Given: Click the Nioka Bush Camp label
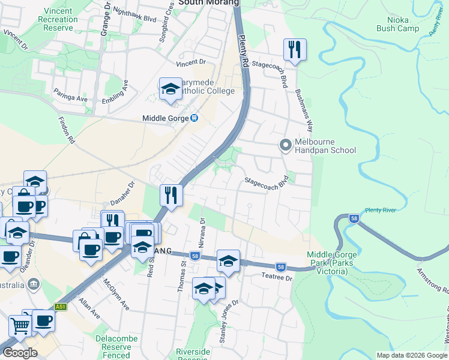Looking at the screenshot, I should tap(397, 23).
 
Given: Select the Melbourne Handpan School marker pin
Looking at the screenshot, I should tap(285, 145).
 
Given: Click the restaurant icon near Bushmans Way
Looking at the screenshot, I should tap(295, 49).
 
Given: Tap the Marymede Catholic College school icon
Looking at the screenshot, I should tap(171, 89).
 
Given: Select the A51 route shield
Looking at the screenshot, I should tap(61, 306).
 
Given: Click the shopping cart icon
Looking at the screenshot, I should tap(20, 326).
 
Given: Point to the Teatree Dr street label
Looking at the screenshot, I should tap(276, 278).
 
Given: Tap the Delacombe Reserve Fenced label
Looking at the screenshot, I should tap(112, 347).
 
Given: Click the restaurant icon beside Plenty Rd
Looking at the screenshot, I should tap(171, 195).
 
